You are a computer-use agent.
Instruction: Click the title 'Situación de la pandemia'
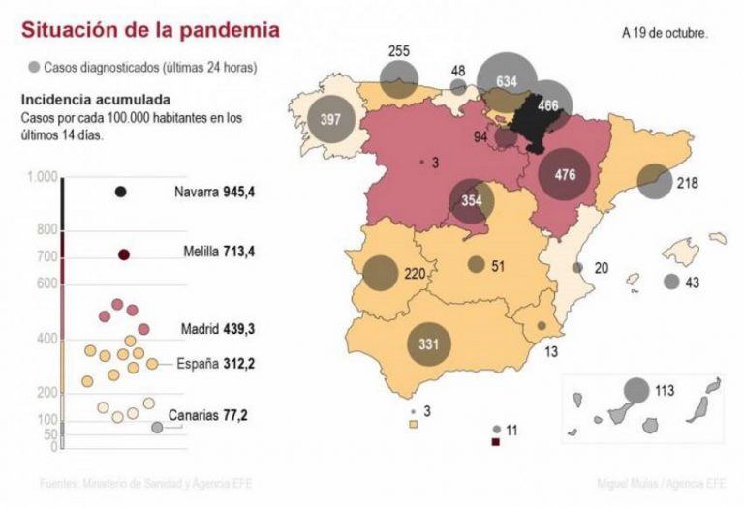point(151,30)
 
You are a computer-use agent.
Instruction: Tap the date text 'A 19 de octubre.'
point(665,32)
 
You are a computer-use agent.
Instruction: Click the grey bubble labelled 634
point(506,80)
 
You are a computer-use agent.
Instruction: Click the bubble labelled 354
point(472,200)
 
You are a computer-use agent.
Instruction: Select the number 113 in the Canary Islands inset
point(664,392)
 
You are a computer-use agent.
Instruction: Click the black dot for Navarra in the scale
point(121,192)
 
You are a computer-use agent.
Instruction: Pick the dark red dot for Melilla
point(124,254)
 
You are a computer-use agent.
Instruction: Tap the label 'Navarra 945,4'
point(215,192)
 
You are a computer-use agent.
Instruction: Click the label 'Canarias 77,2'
point(208,416)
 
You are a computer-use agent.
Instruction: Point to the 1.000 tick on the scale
point(43,177)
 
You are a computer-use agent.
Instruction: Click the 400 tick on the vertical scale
point(46,339)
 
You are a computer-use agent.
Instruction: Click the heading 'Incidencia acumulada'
point(96,100)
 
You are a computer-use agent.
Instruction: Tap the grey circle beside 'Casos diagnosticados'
point(35,68)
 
